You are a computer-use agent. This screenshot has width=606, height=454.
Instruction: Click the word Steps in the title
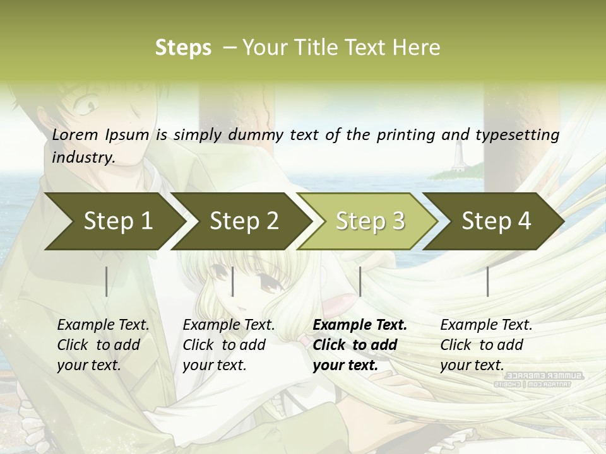coord(183,48)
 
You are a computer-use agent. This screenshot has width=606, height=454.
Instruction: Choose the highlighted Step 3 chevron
coord(370,221)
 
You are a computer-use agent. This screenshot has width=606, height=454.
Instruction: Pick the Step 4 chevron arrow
coord(496,221)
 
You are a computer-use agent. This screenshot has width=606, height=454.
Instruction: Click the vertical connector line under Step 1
coord(107,281)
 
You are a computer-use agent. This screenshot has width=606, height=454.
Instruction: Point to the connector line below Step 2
coord(233,281)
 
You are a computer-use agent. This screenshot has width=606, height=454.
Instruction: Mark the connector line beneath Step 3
coord(360,281)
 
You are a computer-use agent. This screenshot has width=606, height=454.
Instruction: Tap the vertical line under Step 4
coord(487,281)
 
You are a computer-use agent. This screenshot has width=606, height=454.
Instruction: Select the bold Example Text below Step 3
coord(360,345)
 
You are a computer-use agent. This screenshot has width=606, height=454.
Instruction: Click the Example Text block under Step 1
coord(103,345)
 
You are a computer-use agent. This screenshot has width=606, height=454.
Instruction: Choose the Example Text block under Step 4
coord(486,345)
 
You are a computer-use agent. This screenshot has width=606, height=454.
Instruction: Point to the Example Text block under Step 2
coord(229,345)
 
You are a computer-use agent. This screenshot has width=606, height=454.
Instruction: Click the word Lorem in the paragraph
coord(75,135)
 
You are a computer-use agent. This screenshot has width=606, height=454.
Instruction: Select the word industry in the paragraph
coord(83,158)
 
